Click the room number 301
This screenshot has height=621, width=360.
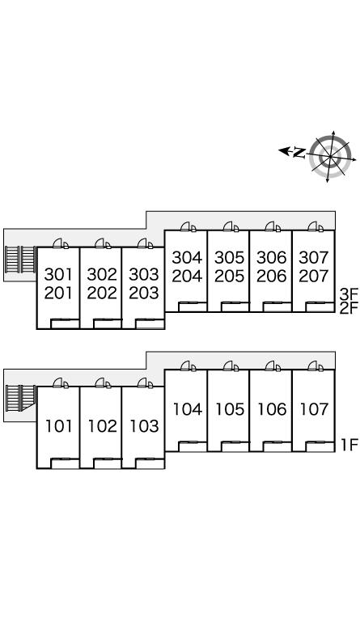click(58, 274)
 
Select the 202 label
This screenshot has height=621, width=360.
click(102, 293)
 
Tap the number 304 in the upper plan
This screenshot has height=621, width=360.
click(187, 258)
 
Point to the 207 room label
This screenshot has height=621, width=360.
click(314, 276)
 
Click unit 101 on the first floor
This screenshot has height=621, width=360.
click(58, 426)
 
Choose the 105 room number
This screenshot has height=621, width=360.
click(230, 409)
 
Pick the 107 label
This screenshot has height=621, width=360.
click(314, 409)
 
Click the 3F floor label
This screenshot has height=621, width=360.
click(349, 294)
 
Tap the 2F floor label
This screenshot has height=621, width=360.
click(349, 308)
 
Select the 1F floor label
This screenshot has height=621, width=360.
click(349, 446)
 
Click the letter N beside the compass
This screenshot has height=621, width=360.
click(300, 153)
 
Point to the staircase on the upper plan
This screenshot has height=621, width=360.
click(20, 260)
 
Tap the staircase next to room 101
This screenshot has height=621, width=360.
click(20, 398)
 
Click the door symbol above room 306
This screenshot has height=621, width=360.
click(273, 227)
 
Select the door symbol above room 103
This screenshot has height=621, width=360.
click(145, 383)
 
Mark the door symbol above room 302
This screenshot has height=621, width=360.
click(103, 243)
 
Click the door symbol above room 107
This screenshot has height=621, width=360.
click(316, 366)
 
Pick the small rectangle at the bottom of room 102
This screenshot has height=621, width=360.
click(107, 463)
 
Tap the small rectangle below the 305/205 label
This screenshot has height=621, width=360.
click(235, 307)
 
